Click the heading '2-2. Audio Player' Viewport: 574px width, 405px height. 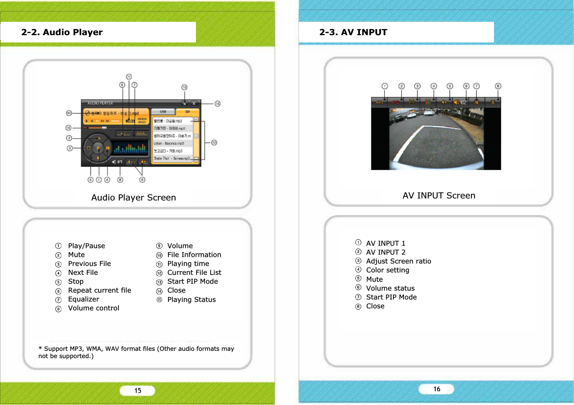pos(62,32)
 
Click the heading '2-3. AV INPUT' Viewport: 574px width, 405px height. pos(353,32)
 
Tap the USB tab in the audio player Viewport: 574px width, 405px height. pos(163,112)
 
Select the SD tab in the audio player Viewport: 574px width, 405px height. pos(187,112)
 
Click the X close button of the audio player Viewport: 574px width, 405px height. pos(194,103)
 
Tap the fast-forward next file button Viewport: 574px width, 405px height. pos(108,148)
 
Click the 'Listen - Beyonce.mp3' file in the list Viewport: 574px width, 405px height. pos(172,143)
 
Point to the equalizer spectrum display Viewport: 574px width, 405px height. pos(130,148)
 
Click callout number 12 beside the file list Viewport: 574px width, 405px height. pos(214,142)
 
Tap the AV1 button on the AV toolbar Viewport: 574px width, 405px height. pos(379,102)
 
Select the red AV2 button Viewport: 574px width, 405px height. pos(395,102)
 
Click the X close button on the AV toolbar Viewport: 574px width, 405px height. pos(493,102)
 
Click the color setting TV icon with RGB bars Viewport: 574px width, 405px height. pos(428,102)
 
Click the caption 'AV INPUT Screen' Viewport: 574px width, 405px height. pos(439,196)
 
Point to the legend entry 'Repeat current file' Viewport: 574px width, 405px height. pos(99,290)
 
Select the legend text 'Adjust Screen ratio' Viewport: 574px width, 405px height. pos(398,261)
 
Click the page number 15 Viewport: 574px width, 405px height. pos(138,390)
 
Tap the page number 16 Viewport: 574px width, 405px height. pos(437,389)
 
